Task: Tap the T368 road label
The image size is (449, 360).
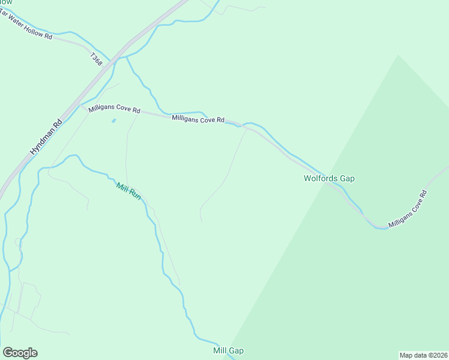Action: pos(96,59)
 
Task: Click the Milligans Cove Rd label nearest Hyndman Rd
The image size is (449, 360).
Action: pos(114,110)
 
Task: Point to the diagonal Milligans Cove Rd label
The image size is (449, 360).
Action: pos(408,209)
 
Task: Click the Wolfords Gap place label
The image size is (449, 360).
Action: pos(329,178)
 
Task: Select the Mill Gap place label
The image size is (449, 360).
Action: pos(228,350)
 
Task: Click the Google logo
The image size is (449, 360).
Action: pos(20,353)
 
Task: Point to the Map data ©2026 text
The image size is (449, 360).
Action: pos(423,355)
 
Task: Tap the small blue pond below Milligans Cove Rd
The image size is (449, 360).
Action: pos(113,121)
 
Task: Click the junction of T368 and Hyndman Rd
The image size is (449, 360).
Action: pos(128,43)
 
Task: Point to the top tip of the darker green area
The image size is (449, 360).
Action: pos(397,55)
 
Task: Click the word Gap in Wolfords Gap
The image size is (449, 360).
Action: pos(346,178)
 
